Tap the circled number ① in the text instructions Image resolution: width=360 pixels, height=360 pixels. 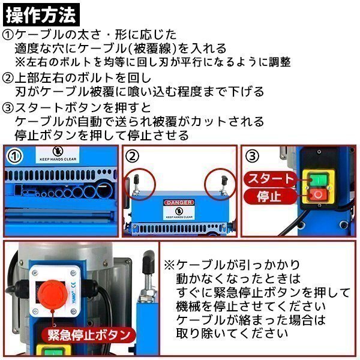[8, 35]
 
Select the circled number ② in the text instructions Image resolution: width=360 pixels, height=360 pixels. [8, 78]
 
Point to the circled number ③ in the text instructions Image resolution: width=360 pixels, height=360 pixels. [8, 108]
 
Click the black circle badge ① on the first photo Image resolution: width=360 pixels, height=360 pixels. [15, 157]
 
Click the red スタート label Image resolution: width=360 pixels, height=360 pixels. [269, 179]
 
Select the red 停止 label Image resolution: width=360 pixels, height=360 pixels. [269, 196]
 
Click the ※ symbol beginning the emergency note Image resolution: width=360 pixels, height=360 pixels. [170, 265]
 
